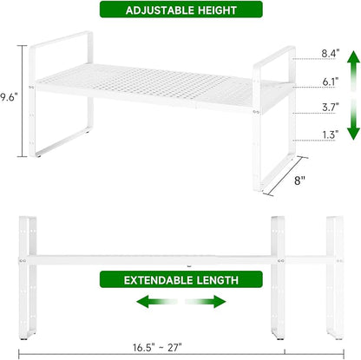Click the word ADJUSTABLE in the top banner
161,10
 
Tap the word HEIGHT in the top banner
217,10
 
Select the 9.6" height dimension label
9,97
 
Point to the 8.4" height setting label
331,53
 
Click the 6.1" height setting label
331,82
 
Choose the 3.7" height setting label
331,108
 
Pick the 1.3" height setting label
331,134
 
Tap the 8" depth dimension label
299,180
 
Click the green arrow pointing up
353,70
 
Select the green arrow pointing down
353,119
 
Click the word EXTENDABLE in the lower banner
159,280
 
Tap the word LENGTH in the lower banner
218,280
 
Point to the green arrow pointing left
156,302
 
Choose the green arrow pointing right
206,302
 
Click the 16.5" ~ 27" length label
157,347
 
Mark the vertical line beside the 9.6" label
23,101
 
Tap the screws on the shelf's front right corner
256,112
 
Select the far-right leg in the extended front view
335,278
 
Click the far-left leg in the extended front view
28,278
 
